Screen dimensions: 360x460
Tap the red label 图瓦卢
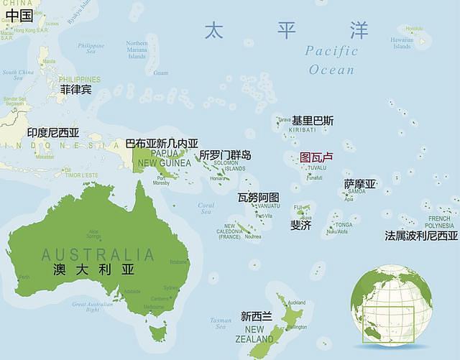click(317, 157)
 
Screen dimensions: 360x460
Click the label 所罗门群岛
click(225, 154)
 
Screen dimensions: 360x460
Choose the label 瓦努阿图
click(258, 197)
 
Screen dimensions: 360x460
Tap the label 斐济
click(300, 225)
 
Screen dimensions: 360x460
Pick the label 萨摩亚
click(359, 184)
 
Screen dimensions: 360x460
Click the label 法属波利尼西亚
click(421, 235)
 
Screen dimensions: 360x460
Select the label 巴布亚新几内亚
click(162, 144)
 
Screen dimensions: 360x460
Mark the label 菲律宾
click(75, 89)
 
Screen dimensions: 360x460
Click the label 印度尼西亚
click(53, 133)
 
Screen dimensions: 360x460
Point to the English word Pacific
click(331, 51)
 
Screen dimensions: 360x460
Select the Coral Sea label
click(206, 208)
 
